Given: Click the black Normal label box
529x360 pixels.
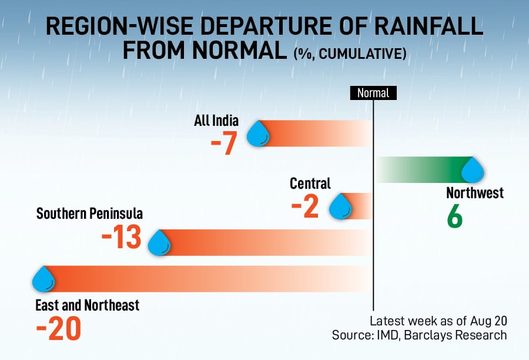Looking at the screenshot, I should (x=373, y=93).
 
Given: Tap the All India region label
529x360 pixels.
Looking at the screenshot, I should (x=216, y=121).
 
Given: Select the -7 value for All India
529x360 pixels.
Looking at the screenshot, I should (x=224, y=144).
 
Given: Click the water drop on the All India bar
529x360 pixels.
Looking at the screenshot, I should (x=257, y=134).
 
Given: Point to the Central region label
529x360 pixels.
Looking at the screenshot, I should (x=310, y=184).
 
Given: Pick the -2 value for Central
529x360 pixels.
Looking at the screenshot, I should (x=304, y=206).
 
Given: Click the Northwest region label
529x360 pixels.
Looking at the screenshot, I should (x=475, y=193).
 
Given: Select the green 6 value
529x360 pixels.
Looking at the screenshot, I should (x=454, y=217).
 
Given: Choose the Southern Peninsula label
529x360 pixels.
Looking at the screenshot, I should (x=89, y=213).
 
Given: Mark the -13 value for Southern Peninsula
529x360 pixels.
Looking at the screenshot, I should (x=122, y=237).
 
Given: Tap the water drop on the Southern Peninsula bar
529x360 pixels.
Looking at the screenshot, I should (x=159, y=242).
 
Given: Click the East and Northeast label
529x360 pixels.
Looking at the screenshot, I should (x=88, y=305).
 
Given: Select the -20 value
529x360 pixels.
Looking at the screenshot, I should (x=58, y=329).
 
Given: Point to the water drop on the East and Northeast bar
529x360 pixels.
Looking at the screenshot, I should (x=43, y=279).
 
